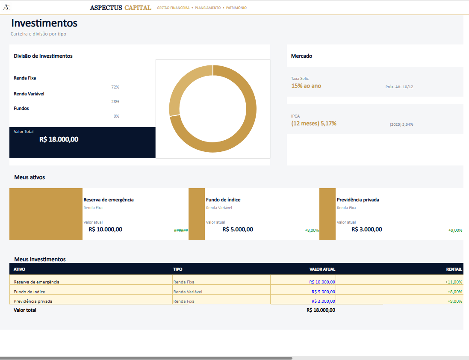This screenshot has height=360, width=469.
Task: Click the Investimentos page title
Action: click(44, 23)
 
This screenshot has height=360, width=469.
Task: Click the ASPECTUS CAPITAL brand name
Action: click(121, 8)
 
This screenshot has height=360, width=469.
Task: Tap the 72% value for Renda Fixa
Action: click(115, 87)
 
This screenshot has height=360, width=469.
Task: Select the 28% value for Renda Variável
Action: click(115, 102)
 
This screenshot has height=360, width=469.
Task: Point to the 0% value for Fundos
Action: click(116, 116)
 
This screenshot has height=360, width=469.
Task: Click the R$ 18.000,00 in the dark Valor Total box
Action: click(59, 139)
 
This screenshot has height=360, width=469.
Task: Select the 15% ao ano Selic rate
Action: click(306, 86)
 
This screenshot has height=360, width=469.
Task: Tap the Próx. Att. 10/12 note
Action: click(399, 87)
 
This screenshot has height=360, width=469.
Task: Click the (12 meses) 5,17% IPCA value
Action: click(314, 124)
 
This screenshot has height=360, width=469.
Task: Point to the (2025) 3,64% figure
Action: click(401, 124)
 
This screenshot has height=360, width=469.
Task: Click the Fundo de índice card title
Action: click(223, 200)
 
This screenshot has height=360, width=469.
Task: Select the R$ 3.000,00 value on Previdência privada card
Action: click(367, 229)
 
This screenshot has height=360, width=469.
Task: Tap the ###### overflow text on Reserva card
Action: click(181, 230)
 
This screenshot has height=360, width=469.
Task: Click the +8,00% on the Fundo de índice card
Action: click(312, 230)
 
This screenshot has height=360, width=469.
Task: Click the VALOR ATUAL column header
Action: click(322, 269)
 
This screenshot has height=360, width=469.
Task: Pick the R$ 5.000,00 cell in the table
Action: click(323, 292)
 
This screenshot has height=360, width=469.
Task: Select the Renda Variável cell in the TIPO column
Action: click(188, 292)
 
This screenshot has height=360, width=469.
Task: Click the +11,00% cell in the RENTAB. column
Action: click(454, 282)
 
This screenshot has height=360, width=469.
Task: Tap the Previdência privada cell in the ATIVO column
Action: click(33, 301)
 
